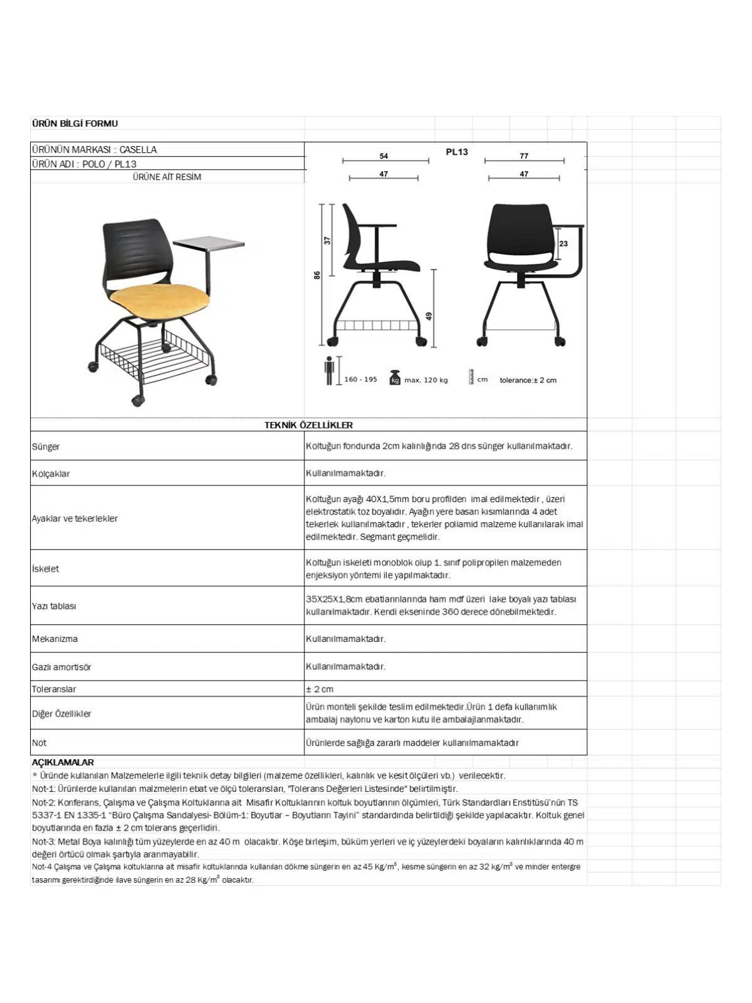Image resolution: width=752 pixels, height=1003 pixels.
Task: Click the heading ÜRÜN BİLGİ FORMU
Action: point(75,123)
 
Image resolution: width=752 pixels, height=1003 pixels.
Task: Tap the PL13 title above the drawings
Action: point(457,152)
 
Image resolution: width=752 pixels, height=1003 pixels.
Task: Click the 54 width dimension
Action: point(384,156)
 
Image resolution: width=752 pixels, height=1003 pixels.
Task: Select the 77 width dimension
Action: point(524,156)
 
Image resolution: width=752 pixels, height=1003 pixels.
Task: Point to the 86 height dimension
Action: point(317,275)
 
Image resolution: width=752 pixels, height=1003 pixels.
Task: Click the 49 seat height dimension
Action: point(429,316)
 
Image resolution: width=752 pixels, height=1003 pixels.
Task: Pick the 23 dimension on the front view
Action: point(563,243)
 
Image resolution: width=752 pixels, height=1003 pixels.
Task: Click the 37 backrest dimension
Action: point(327,240)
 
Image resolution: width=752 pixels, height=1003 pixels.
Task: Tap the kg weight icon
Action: point(395,378)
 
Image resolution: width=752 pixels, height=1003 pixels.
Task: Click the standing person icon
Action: point(330,370)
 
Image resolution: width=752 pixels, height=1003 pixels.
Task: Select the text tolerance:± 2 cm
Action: point(528,380)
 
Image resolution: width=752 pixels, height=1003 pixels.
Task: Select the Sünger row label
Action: point(46,446)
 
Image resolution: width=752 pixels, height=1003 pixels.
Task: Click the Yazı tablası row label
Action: point(54,606)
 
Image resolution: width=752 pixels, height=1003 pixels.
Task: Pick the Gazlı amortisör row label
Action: point(61,667)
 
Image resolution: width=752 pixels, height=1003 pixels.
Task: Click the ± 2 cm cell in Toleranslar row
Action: point(320,689)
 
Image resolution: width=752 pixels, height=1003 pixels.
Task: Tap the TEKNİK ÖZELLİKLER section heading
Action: point(308,425)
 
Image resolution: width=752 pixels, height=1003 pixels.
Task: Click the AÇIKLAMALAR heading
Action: point(63,762)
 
